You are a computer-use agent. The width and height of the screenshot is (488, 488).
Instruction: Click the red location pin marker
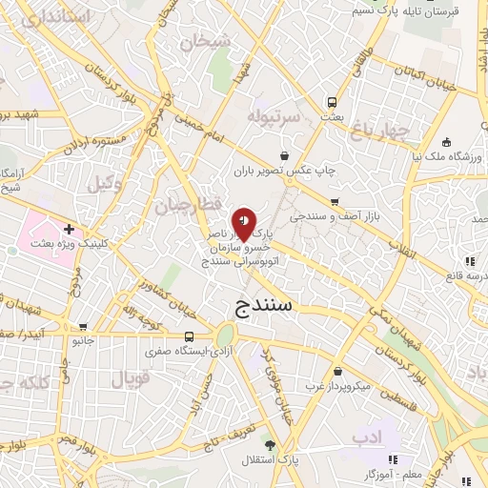click(245, 223)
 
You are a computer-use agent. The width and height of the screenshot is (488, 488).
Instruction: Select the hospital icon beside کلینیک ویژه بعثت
click(69, 230)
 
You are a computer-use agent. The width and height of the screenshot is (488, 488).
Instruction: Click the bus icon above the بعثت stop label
click(332, 102)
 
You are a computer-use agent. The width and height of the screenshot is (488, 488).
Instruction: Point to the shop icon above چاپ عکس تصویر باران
click(284, 156)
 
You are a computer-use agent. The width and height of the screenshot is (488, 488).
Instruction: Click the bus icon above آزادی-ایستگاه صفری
click(189, 336)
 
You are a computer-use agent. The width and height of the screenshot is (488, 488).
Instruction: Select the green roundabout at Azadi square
click(226, 336)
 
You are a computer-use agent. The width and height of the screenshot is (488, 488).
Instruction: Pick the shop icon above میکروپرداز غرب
click(338, 372)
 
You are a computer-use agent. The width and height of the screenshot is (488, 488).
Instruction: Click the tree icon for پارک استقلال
click(271, 445)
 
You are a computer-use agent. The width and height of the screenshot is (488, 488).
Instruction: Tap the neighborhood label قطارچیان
click(189, 205)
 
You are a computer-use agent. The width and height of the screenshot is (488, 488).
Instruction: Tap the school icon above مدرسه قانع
click(468, 261)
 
